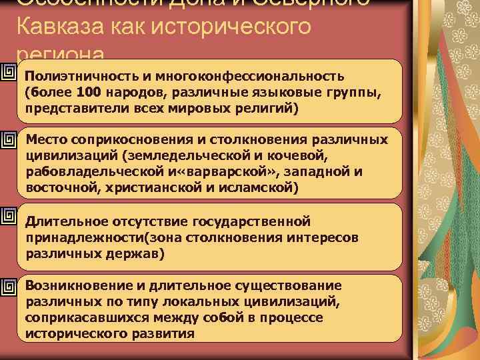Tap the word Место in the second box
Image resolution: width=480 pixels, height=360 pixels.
(46, 141)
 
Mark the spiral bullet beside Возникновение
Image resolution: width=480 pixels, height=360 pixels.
(9, 286)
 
